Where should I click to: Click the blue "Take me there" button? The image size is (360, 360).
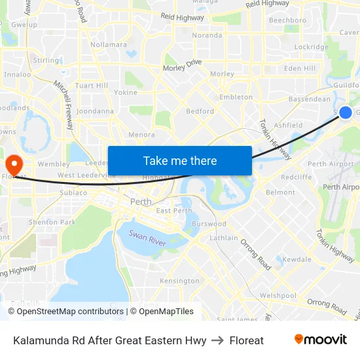[x=180, y=161]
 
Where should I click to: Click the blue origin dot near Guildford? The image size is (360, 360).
[x=346, y=113]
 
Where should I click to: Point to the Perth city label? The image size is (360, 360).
[x=141, y=202]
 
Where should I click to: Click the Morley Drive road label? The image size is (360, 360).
[x=183, y=65]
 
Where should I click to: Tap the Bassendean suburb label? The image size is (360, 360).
[x=310, y=99]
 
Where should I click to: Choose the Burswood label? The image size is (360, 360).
[x=209, y=224]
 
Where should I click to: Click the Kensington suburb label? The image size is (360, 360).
[x=179, y=281]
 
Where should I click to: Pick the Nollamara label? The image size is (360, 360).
[x=109, y=45]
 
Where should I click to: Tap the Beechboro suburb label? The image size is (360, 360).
[x=287, y=20]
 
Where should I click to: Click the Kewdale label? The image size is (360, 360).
[x=297, y=260]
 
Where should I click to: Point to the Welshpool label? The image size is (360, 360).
[x=278, y=295]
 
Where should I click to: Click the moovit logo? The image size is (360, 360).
[x=321, y=340]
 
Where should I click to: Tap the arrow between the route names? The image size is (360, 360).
[x=218, y=340]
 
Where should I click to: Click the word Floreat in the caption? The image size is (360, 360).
[x=247, y=340]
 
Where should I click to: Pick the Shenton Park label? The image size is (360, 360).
[x=52, y=222]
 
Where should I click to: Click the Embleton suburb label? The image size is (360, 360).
[x=236, y=97]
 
